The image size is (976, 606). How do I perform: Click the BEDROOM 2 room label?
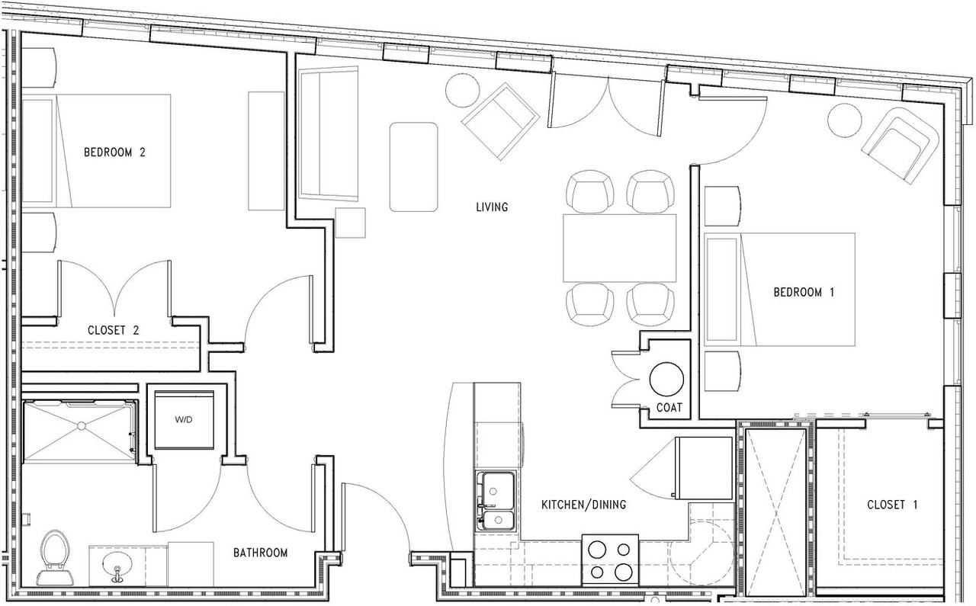[x=114, y=152]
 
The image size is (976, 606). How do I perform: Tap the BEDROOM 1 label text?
[x=804, y=292]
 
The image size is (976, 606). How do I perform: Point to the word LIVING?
[x=492, y=207]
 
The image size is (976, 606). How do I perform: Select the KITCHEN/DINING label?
[x=583, y=505]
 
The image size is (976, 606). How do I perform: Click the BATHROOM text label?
[x=261, y=553]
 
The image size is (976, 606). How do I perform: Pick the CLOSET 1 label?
[x=892, y=505]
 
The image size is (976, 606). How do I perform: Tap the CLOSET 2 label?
[x=114, y=330]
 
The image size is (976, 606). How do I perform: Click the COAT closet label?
[x=669, y=407]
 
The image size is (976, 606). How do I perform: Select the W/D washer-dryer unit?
[x=184, y=420]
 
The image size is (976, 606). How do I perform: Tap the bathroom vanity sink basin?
[x=117, y=565]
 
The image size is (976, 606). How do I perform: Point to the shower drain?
[x=81, y=425]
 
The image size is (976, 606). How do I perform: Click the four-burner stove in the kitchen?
[x=610, y=560]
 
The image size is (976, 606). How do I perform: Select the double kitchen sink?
[x=496, y=501]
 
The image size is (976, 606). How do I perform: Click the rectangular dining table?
[x=620, y=248]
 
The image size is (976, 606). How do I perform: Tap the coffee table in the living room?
[x=413, y=167]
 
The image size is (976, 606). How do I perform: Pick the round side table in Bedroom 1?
[x=844, y=120]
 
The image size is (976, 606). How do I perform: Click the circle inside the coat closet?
[x=666, y=379]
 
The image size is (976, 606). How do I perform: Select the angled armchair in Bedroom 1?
[x=901, y=145]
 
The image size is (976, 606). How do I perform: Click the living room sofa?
[x=329, y=133]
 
